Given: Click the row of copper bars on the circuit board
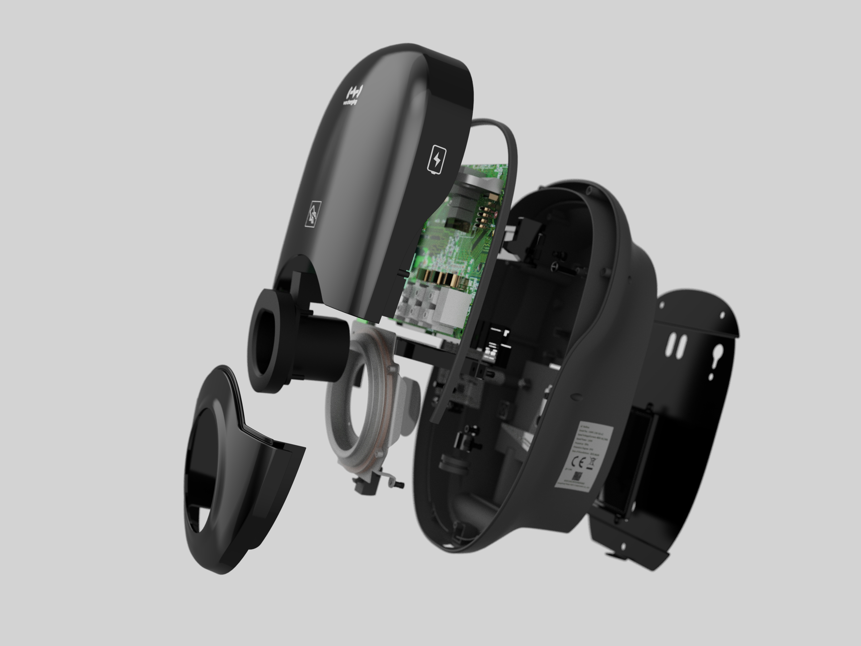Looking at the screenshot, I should pyautogui.click(x=440, y=278).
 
